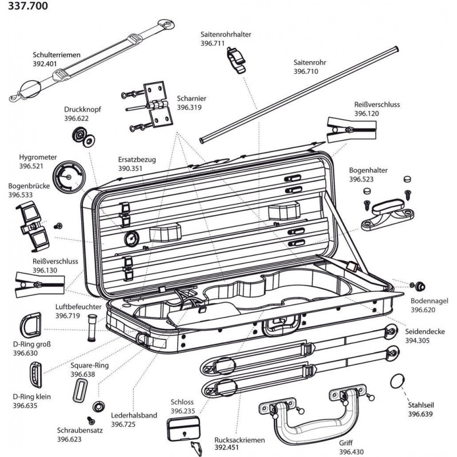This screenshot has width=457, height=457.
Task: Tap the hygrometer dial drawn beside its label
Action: pyautogui.click(x=69, y=177)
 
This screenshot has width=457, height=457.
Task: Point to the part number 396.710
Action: pyautogui.click(x=306, y=72)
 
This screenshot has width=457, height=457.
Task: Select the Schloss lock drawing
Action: pyautogui.click(x=185, y=428)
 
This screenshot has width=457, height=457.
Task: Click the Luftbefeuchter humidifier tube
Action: pyautogui.click(x=90, y=330)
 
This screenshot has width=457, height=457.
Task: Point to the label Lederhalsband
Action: pyautogui.click(x=134, y=416)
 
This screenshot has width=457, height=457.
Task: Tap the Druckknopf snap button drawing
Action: pyautogui.click(x=82, y=137)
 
